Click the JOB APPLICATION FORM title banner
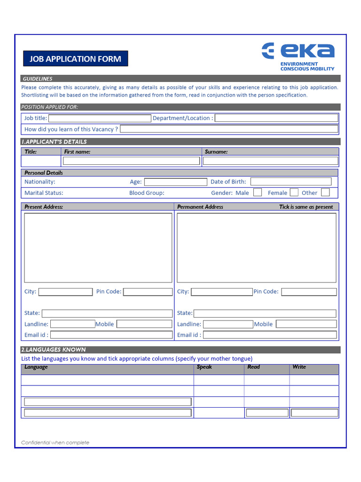75,59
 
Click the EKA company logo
298,56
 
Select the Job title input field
99,118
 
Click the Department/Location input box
276,118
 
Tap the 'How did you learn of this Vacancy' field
229,129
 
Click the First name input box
131,161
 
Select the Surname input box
270,161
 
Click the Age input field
175,182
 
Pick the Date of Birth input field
290,182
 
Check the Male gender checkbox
258,192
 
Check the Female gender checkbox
294,192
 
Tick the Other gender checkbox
325,192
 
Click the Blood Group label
147,193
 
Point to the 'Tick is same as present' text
306,207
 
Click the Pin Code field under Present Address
148,292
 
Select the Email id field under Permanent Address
270,335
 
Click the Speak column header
204,367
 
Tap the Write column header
299,367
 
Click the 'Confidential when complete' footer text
55,442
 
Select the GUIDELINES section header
38,79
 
